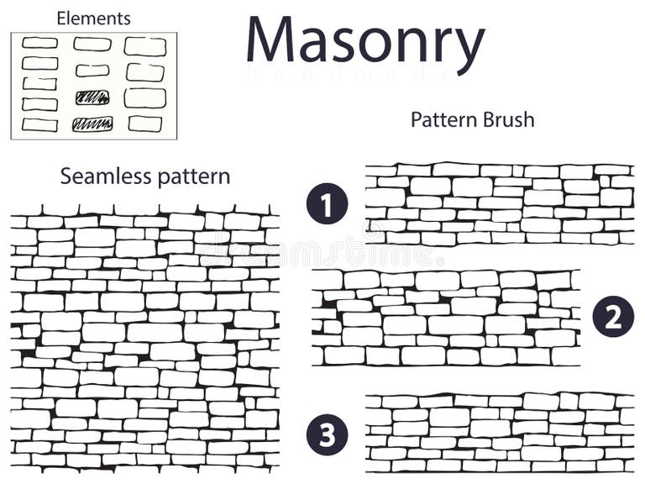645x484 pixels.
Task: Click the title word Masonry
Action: [365, 42]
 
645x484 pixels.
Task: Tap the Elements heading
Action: [93, 18]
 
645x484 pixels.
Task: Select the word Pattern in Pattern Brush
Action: [443, 119]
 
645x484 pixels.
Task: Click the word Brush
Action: [507, 119]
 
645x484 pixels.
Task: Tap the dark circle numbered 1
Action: [327, 203]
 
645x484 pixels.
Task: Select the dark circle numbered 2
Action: [613, 317]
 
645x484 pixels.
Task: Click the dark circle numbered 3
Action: [327, 434]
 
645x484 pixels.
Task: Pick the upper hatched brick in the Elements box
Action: [92, 97]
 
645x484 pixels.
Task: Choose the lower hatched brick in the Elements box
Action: [92, 124]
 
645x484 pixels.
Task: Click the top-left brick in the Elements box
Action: [40, 43]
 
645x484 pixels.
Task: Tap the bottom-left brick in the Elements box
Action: [39, 124]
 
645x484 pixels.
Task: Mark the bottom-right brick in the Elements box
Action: [145, 124]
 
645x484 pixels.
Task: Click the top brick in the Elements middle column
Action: [92, 44]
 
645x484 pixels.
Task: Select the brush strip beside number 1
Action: [499, 204]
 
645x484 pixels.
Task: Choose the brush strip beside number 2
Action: [446, 317]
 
